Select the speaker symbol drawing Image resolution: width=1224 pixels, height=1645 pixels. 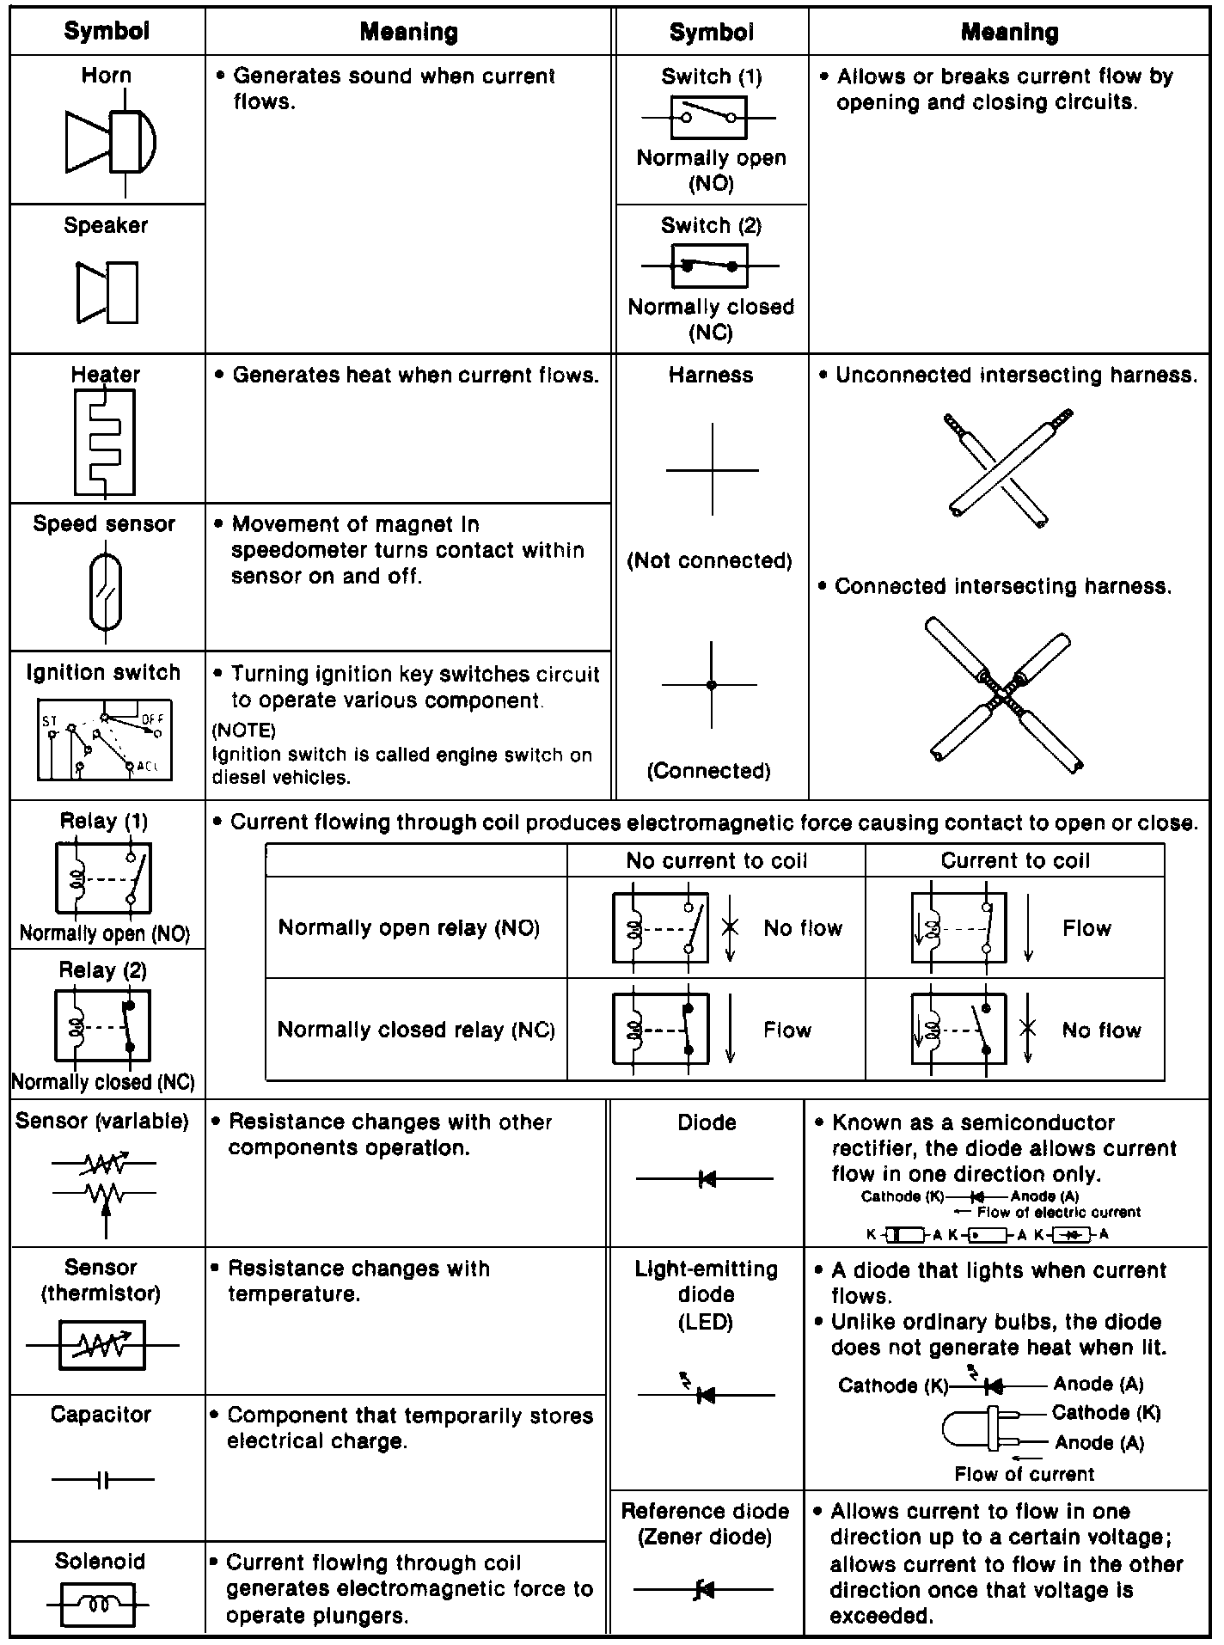pyautogui.click(x=107, y=292)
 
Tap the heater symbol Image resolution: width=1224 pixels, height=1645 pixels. pyautogui.click(x=104, y=442)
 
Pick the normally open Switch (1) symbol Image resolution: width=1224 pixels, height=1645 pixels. pyautogui.click(x=709, y=118)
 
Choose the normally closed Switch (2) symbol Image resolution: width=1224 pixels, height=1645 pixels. pyautogui.click(x=709, y=266)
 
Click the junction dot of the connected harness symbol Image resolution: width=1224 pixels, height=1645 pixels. pyautogui.click(x=711, y=685)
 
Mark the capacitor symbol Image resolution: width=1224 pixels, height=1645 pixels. pyautogui.click(x=103, y=1480)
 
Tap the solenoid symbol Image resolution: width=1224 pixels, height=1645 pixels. pyautogui.click(x=98, y=1604)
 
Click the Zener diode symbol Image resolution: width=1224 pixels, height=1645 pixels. pyautogui.click(x=704, y=1591)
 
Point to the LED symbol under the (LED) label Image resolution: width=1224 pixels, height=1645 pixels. pyautogui.click(x=705, y=1395)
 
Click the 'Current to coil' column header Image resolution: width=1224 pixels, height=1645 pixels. pyautogui.click(x=1015, y=860)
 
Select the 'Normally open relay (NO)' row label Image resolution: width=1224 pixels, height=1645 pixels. pyautogui.click(x=409, y=928)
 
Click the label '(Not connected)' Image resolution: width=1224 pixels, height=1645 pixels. pyautogui.click(x=710, y=561)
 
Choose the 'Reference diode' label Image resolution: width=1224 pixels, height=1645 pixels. pyautogui.click(x=705, y=1511)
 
